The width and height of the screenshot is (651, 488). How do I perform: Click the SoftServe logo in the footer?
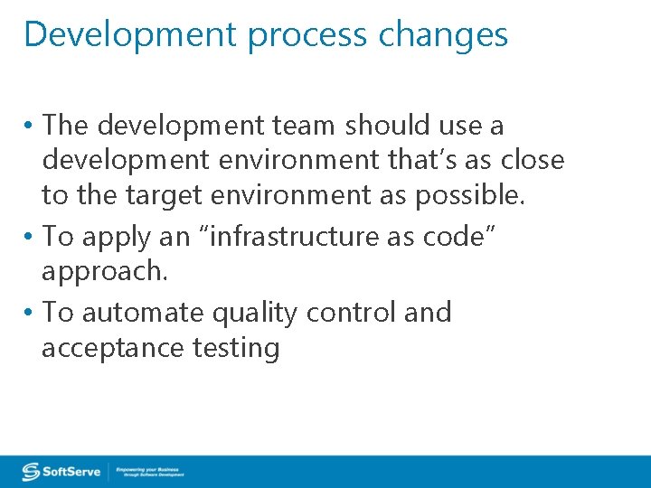click(61, 472)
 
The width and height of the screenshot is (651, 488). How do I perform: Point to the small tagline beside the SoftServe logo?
click(149, 472)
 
